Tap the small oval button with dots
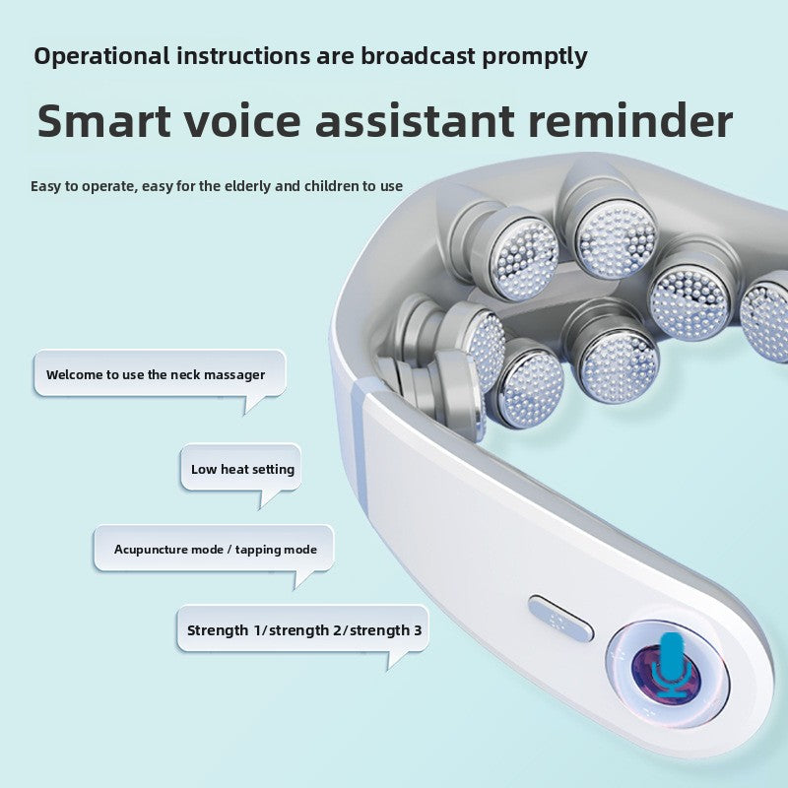click(560, 618)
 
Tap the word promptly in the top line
click(535, 56)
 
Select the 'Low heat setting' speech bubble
click(241, 469)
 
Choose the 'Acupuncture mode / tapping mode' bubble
click(214, 549)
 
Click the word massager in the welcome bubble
click(234, 375)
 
